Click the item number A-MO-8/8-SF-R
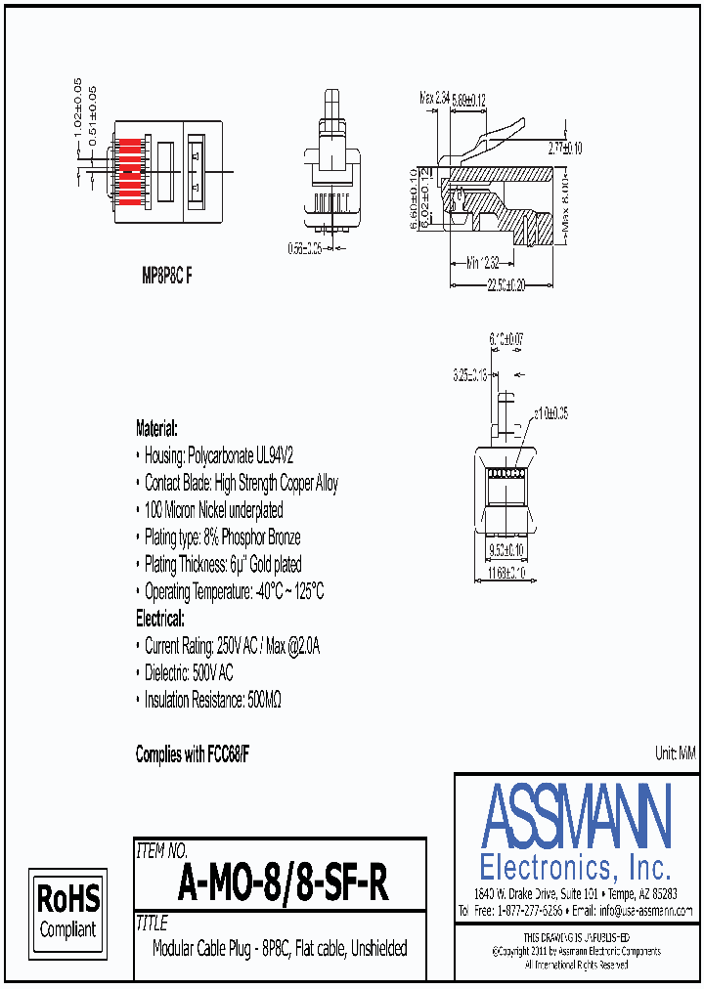284,885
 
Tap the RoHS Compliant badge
67,911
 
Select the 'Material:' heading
156,428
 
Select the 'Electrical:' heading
159,619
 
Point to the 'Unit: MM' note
675,752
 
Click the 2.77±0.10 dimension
564,149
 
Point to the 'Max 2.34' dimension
434,98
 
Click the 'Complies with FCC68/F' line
193,754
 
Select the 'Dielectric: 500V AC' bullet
189,673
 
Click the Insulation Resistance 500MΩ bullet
212,701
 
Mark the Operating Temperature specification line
234,591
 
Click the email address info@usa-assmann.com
645,910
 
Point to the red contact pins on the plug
129,170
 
